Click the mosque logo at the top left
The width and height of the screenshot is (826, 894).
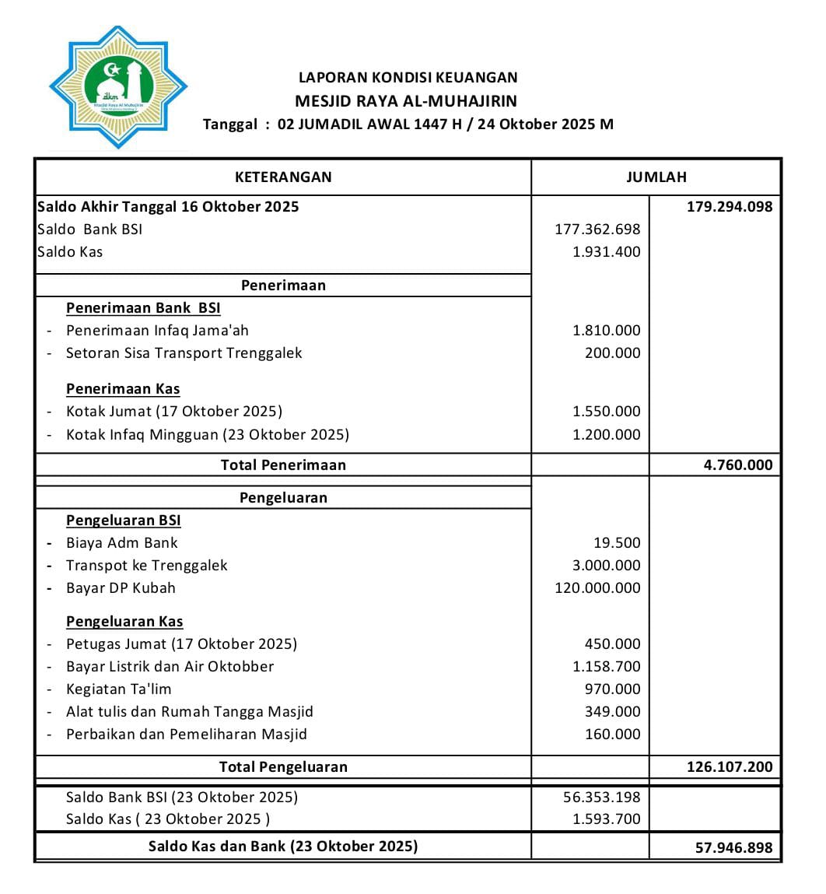[118, 86]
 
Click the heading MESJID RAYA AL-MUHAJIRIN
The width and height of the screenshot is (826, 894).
[405, 101]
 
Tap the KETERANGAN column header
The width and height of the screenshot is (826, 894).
[283, 177]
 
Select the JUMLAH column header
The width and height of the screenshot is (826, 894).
[656, 177]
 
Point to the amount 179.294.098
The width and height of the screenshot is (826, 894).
[729, 207]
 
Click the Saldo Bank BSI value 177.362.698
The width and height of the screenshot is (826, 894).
[597, 230]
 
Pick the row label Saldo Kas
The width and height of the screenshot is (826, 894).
[70, 252]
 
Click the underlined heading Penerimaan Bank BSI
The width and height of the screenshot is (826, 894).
[143, 308]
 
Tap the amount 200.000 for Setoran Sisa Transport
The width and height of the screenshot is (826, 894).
[612, 353]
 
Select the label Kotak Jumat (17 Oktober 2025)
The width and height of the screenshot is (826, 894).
[173, 412]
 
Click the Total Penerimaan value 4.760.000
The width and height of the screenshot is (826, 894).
[737, 465]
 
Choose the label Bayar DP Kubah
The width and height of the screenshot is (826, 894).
[121, 588]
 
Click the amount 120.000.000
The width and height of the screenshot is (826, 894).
[597, 588]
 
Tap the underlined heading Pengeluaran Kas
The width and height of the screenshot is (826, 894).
[124, 622]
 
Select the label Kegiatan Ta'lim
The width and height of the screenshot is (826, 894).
[118, 689]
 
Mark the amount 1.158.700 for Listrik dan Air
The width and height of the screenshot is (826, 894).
[606, 667]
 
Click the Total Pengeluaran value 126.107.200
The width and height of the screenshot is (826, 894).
[729, 767]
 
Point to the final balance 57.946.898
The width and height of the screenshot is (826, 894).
[733, 848]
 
